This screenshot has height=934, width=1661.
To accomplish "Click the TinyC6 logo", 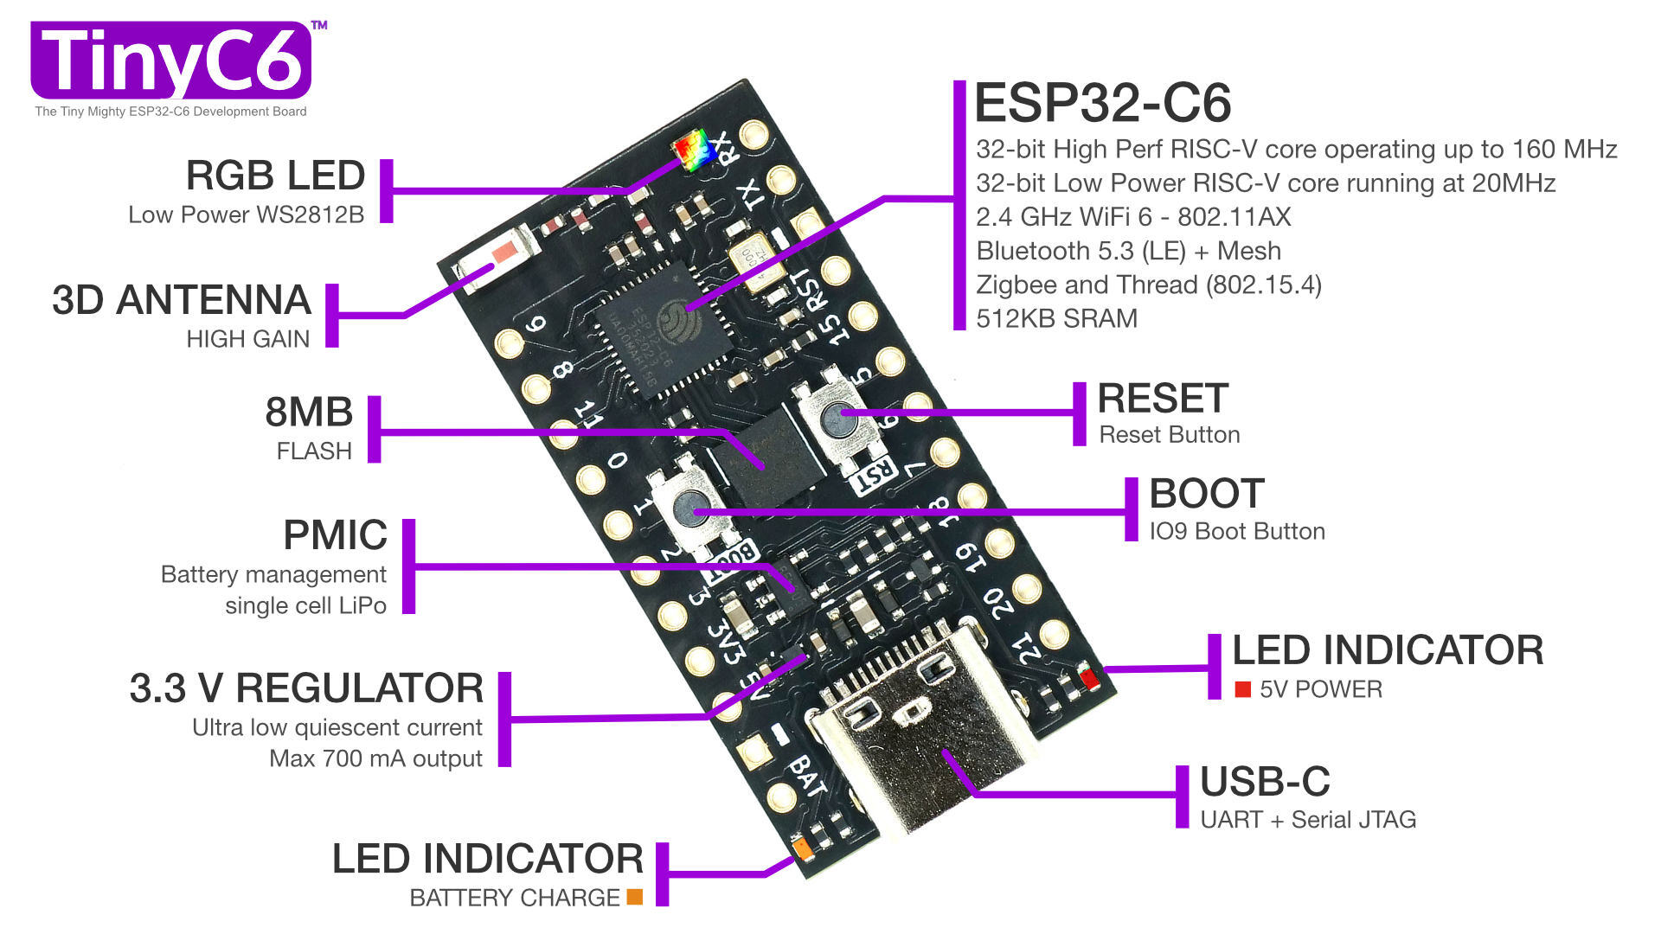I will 171,61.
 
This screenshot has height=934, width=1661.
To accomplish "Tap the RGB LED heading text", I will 275,176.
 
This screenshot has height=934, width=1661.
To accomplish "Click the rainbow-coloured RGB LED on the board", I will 694,150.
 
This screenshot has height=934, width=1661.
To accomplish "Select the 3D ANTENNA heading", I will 181,300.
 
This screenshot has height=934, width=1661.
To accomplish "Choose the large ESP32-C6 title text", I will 1102,104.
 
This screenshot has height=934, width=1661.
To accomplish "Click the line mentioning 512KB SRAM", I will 1056,318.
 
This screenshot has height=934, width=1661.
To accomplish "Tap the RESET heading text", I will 1162,399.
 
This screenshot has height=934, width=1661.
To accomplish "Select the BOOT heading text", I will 1207,494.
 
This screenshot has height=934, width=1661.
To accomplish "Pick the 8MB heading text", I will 309,412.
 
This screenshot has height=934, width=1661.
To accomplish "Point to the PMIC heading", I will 335,535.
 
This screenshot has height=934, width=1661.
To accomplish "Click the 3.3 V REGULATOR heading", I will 306,688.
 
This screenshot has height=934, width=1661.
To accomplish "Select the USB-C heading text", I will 1265,782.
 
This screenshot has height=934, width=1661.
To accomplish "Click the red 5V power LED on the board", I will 1090,680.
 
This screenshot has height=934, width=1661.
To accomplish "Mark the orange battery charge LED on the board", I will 804,849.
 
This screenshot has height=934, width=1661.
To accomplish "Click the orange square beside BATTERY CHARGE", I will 635,898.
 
